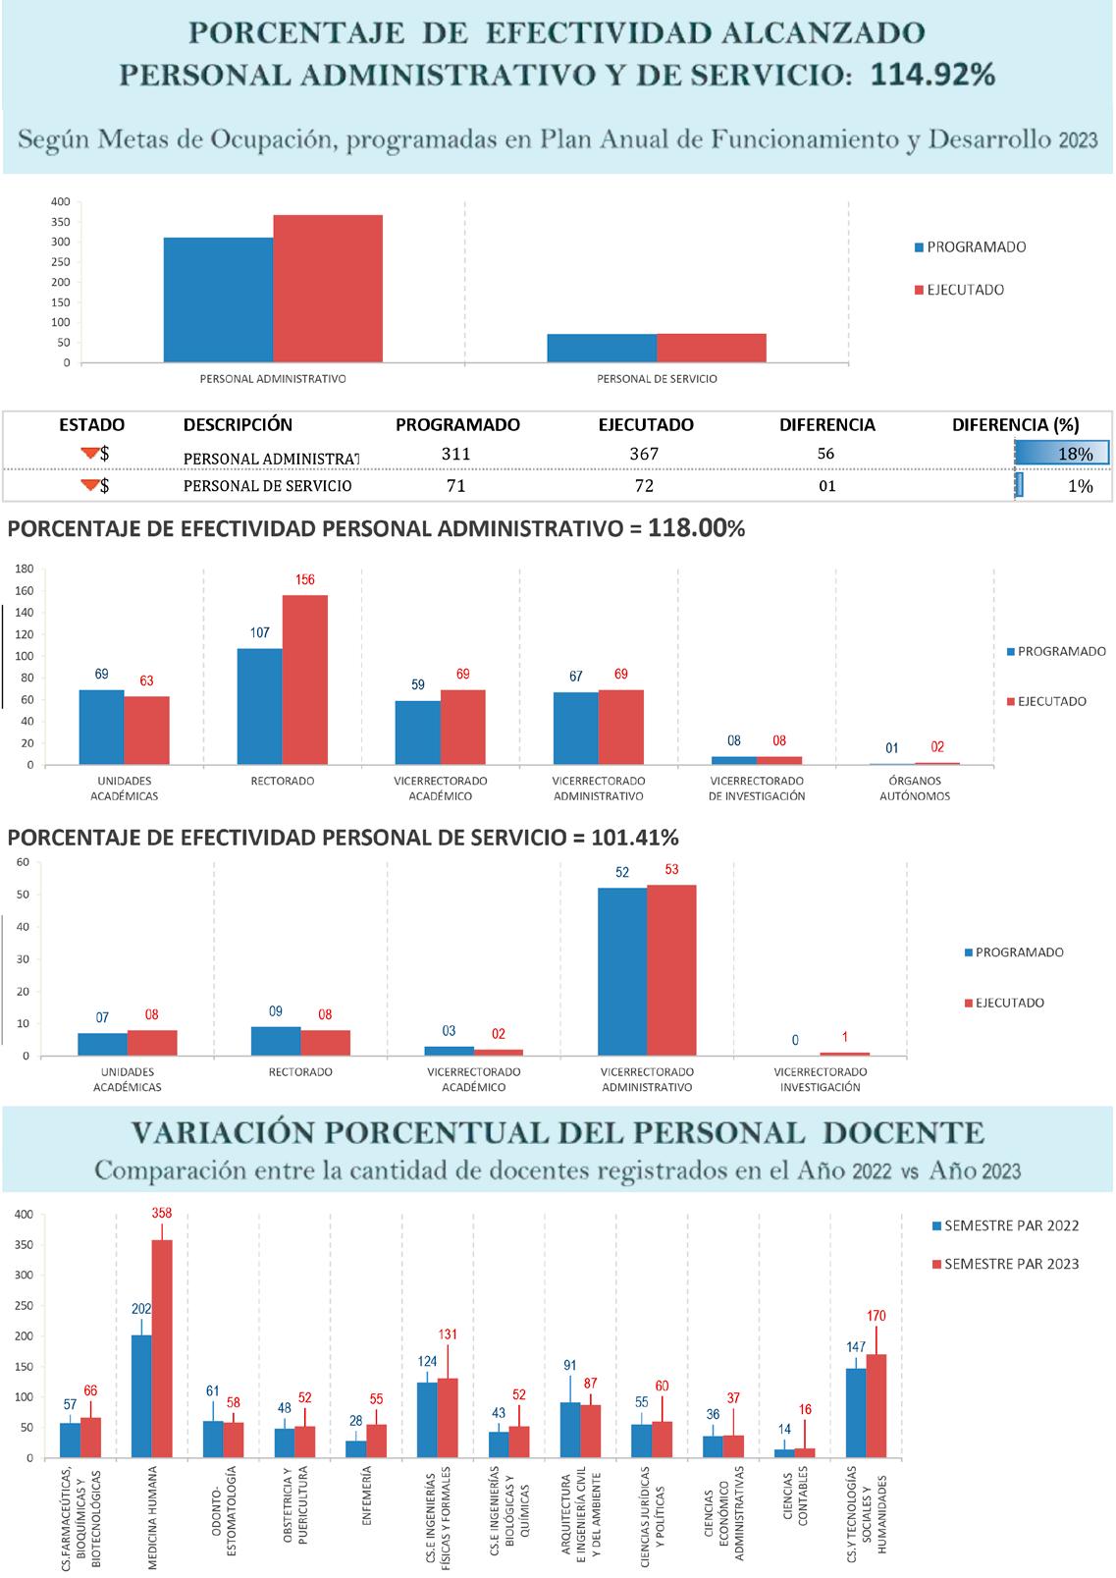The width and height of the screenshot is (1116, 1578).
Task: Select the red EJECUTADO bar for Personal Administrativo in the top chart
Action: click(x=328, y=289)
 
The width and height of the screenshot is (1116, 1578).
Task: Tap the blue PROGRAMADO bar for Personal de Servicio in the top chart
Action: click(x=602, y=348)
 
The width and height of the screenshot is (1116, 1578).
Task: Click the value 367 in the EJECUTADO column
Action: click(x=645, y=454)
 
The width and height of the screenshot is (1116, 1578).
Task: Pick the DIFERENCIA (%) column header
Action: click(x=1015, y=425)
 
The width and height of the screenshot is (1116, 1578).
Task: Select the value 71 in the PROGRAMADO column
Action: click(x=455, y=486)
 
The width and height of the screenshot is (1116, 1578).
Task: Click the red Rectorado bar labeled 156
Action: click(x=305, y=680)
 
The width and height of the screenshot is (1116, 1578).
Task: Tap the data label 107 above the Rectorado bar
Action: click(x=259, y=632)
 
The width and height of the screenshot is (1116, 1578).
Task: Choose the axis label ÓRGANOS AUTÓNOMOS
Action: click(x=915, y=789)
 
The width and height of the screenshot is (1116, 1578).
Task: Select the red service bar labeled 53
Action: click(x=671, y=970)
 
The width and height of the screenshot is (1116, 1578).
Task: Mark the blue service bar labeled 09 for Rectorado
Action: click(x=276, y=1041)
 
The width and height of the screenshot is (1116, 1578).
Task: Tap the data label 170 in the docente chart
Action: click(x=877, y=1316)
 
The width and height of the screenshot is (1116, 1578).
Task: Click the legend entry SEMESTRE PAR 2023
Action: click(x=1011, y=1264)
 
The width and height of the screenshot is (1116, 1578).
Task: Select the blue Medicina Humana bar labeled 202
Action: click(x=141, y=1396)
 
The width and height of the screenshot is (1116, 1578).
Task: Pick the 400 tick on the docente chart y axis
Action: click(x=26, y=1215)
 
